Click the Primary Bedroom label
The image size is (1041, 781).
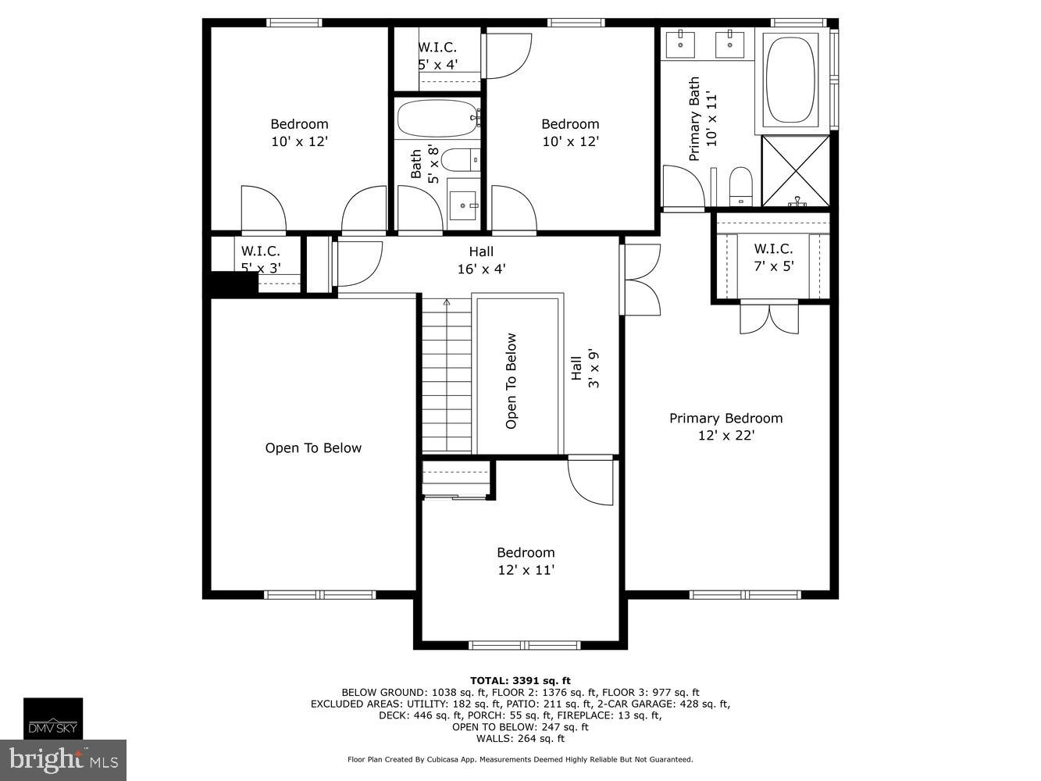tap(725, 419)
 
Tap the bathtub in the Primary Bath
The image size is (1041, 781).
tap(790, 80)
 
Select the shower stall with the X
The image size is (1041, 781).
tap(795, 170)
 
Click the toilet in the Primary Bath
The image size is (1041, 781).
tap(740, 187)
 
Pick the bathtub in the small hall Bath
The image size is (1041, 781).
tap(437, 119)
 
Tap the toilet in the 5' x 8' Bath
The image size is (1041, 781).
tap(459, 160)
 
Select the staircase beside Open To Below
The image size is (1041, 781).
tap(447, 375)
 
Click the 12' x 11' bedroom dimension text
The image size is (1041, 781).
tap(526, 570)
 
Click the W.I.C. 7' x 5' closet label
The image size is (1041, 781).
tap(772, 257)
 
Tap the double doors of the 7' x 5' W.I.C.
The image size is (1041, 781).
tap(769, 318)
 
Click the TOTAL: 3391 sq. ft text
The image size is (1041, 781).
tap(519, 680)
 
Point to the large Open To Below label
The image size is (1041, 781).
tap(313, 448)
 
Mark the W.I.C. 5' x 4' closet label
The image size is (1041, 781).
tap(437, 56)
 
